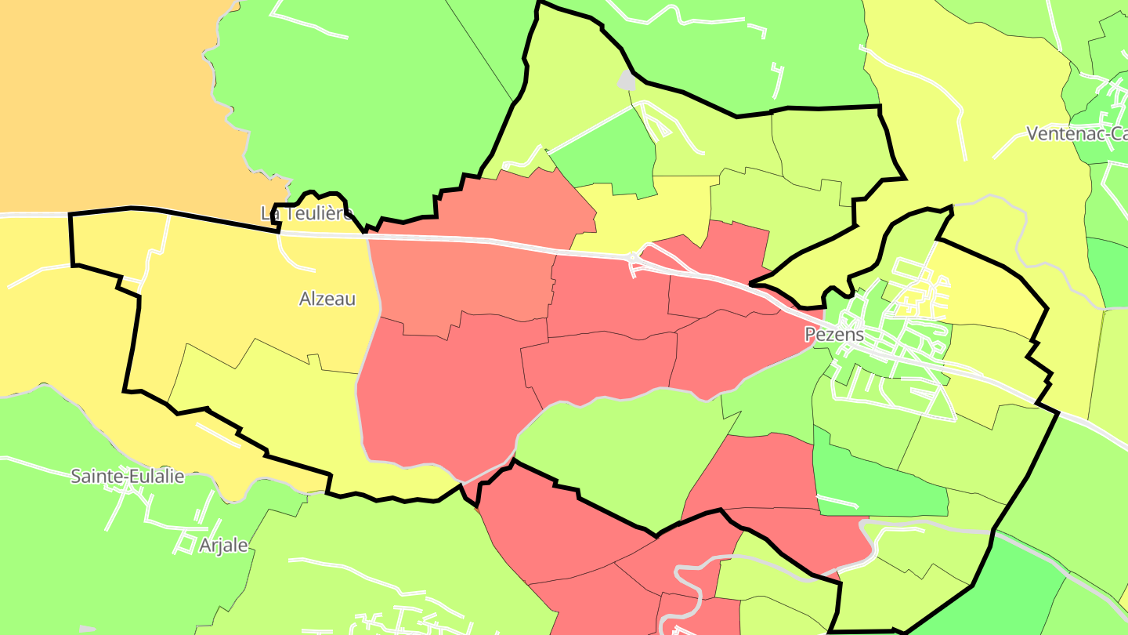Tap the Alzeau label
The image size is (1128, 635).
[327, 299]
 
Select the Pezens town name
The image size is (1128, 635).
[834, 335]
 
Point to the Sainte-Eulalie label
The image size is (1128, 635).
[128, 476]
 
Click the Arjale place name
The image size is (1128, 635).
[222, 546]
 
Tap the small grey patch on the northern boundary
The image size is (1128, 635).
[627, 80]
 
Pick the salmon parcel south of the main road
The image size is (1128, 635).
[462, 282]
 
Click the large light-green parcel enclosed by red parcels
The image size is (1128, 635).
[619, 447]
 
